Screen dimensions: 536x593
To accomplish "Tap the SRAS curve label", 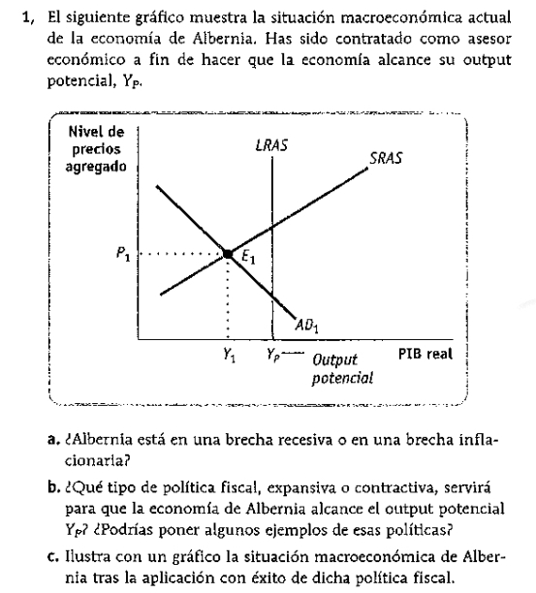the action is (385, 157).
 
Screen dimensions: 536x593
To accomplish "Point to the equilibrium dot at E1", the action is (228, 254).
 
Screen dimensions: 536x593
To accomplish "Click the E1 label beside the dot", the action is (248, 259).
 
